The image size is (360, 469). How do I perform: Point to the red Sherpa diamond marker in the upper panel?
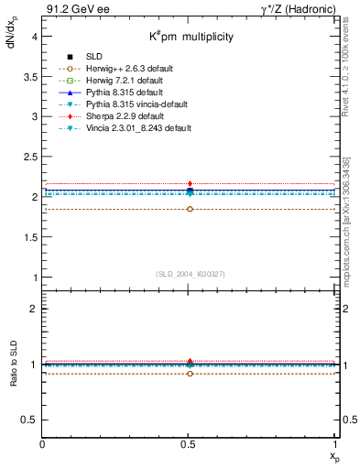[x=190, y=184]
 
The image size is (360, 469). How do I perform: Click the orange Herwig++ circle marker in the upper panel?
[x=190, y=209]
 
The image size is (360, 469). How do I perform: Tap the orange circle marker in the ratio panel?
[x=190, y=374]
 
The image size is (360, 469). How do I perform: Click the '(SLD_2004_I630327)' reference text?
[x=190, y=274]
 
